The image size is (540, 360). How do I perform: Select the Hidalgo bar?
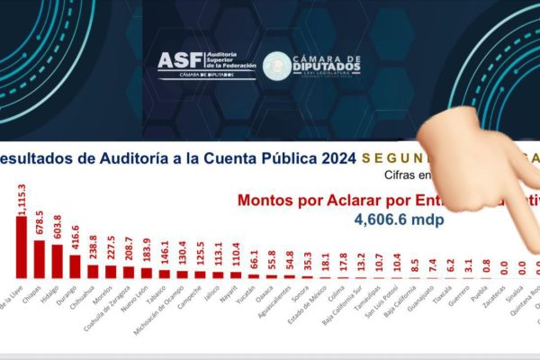57,259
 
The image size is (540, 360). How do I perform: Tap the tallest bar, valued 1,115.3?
22,245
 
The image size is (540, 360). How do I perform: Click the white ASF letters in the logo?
179,61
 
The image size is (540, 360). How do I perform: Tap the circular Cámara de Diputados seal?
277,65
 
